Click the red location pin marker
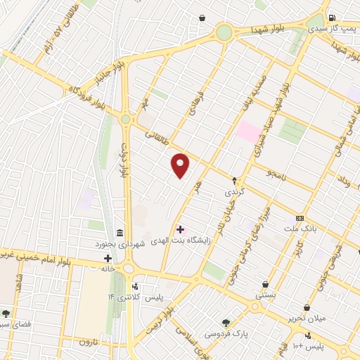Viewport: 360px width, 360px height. point(181,165)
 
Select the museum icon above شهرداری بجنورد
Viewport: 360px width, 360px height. point(120,233)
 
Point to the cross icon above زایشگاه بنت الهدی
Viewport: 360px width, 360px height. point(180,229)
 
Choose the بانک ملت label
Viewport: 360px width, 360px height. point(300,229)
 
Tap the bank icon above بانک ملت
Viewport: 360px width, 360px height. point(300,219)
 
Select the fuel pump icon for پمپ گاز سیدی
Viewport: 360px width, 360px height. point(332,18)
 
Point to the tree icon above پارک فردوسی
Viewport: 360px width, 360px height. point(226,322)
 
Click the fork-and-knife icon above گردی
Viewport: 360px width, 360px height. point(235,181)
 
